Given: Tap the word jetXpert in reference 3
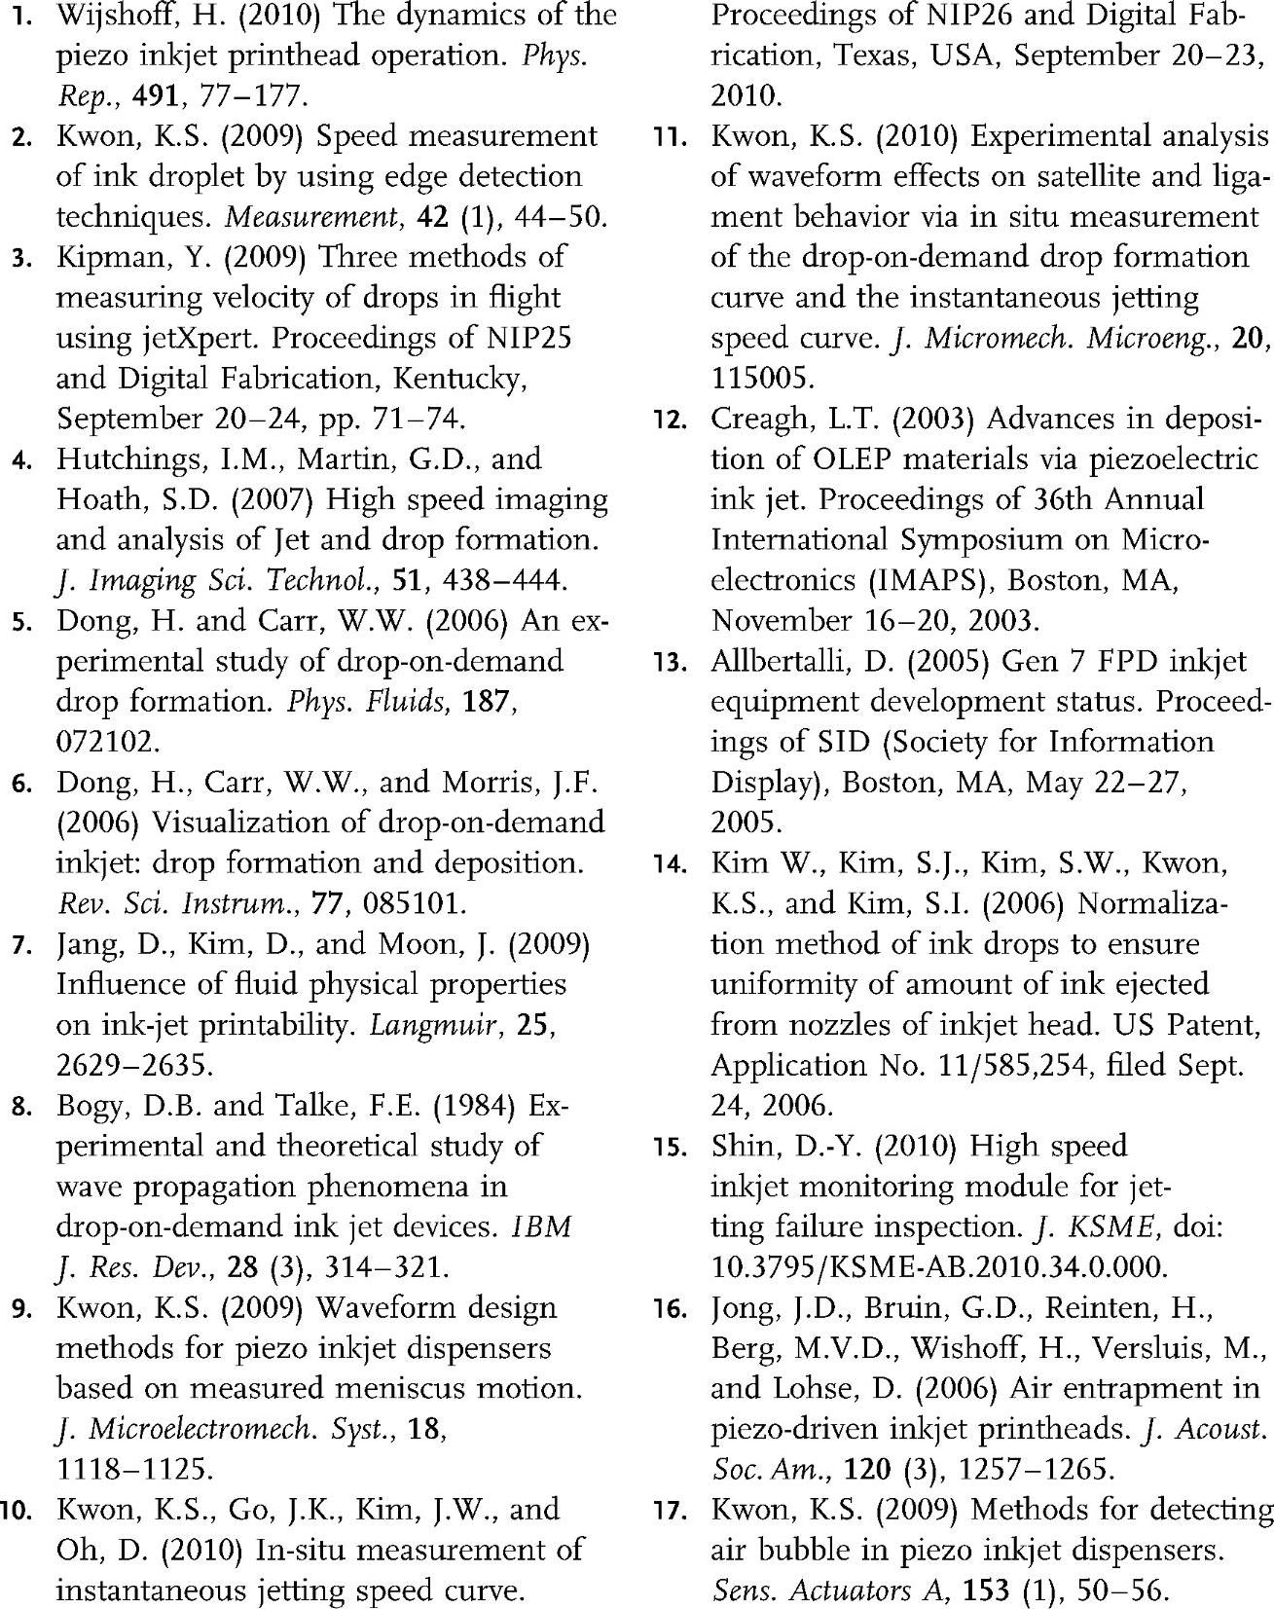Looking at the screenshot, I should point(186,338).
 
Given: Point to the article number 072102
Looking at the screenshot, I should point(105,743).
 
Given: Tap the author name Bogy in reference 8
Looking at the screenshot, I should point(93,1107).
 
